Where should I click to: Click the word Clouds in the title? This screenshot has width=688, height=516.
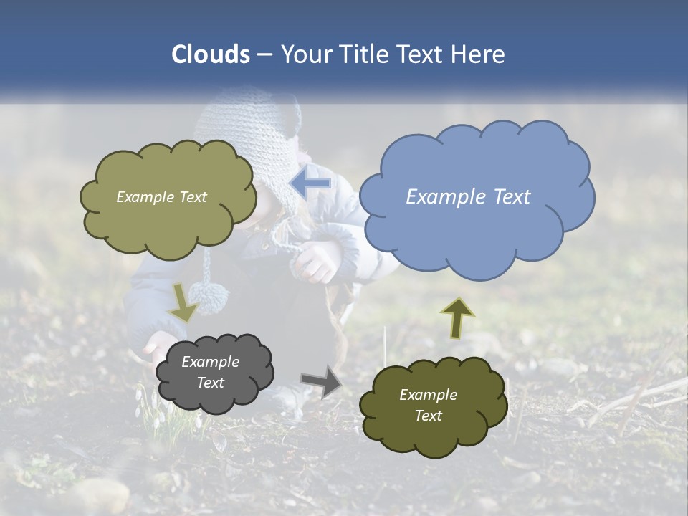pyautogui.click(x=211, y=54)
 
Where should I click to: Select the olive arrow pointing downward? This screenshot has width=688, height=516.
pyautogui.click(x=183, y=302)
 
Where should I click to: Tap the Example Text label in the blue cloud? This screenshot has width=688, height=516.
pyautogui.click(x=468, y=197)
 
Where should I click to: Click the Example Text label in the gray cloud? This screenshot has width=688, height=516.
pyautogui.click(x=210, y=373)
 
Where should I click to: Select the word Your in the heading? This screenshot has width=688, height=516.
pyautogui.click(x=306, y=54)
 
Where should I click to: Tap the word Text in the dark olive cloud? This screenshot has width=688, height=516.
pyautogui.click(x=429, y=416)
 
